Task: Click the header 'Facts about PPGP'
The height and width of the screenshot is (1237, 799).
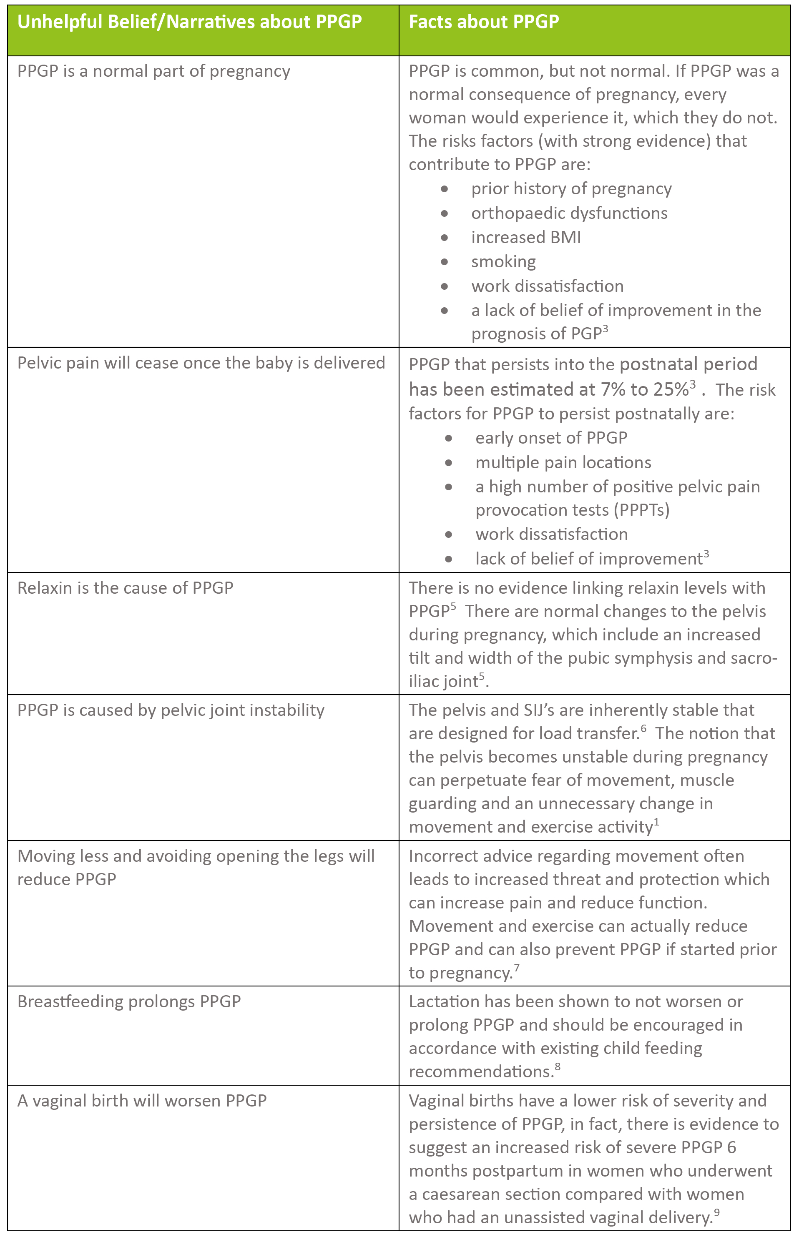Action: (484, 22)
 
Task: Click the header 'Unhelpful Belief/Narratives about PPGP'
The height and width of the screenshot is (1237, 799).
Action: (189, 22)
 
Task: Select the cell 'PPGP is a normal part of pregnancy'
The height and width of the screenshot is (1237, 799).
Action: (153, 71)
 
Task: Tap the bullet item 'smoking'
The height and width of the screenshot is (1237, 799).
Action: (503, 261)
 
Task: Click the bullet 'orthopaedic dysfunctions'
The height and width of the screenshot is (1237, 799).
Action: (569, 213)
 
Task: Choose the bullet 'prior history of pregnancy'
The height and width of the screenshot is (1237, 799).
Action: (571, 189)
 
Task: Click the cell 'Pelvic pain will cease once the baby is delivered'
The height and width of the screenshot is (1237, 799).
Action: (201, 363)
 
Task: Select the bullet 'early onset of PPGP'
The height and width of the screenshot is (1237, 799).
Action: (551, 438)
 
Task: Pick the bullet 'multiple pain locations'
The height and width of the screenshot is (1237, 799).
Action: (563, 462)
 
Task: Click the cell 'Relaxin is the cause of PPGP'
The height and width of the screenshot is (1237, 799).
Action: (125, 587)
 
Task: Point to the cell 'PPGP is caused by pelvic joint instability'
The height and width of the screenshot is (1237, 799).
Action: (171, 710)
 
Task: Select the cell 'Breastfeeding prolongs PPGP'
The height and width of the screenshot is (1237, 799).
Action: (129, 1001)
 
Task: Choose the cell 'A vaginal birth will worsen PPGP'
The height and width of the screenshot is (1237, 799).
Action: (142, 1101)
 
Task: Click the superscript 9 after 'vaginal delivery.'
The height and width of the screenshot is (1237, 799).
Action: (716, 1212)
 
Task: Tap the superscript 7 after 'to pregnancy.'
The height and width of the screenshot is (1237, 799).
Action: (517, 967)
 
